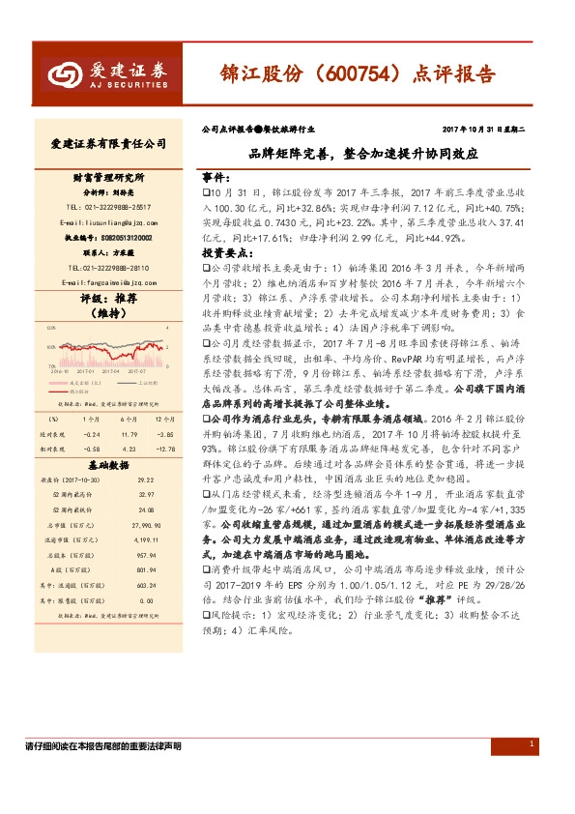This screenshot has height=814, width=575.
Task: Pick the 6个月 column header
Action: click(127, 420)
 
